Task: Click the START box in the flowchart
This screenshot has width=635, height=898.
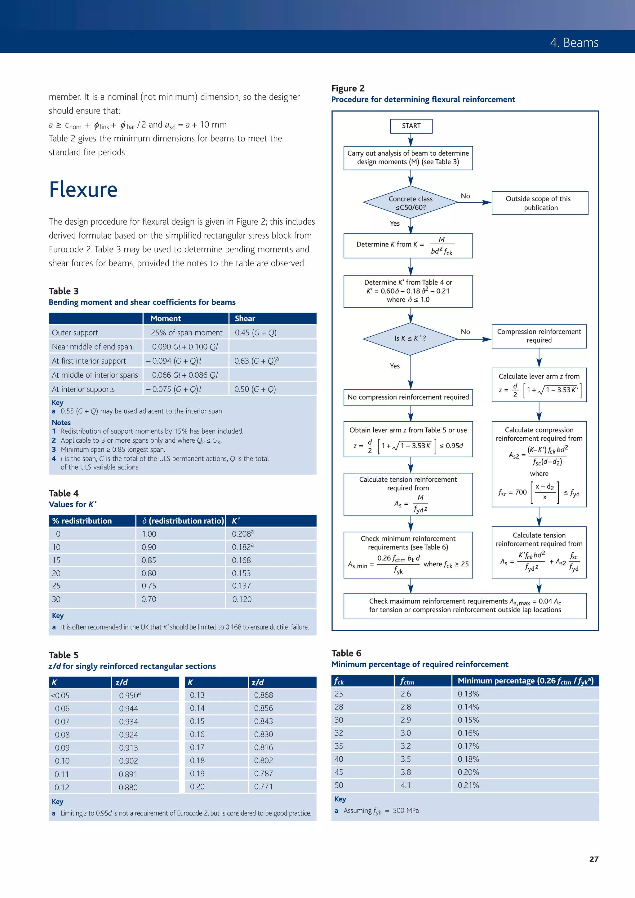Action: [x=411, y=126]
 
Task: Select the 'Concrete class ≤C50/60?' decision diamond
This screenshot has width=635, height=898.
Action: [x=411, y=203]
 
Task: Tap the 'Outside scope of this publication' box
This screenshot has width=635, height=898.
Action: [x=540, y=203]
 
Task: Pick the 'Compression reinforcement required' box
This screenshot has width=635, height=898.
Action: [x=539, y=336]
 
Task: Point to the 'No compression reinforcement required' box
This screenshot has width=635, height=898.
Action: [x=408, y=397]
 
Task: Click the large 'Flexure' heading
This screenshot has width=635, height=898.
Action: [x=83, y=190]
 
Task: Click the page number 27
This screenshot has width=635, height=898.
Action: [x=593, y=859]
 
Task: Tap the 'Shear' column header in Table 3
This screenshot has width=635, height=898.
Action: [x=245, y=318]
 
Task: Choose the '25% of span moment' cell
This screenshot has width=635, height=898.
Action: [x=187, y=333]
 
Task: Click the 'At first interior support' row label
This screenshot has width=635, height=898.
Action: [x=89, y=361]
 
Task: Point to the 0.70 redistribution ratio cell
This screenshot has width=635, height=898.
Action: [x=149, y=599]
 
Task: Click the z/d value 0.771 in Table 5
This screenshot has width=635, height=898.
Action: [x=263, y=786]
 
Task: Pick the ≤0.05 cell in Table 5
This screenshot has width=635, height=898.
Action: [x=60, y=695]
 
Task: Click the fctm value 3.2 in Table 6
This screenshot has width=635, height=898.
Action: [x=406, y=746]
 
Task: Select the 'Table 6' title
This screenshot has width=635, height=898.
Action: [x=346, y=653]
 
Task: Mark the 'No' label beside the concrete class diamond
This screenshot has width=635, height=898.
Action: [x=465, y=196]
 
